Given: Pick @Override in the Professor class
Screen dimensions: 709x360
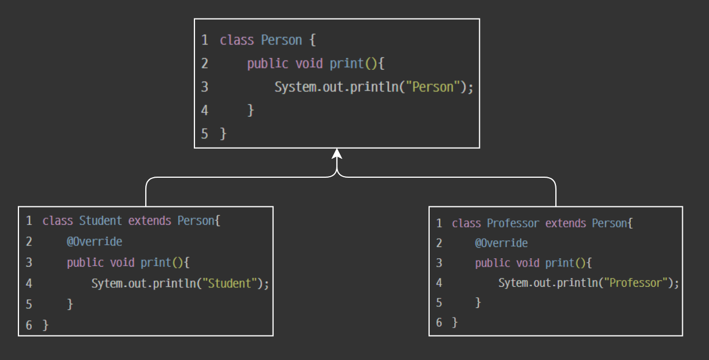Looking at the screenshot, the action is click(501, 243).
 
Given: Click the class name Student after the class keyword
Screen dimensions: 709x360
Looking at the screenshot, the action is click(101, 220).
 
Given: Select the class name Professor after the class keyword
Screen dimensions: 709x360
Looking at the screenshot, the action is click(513, 224).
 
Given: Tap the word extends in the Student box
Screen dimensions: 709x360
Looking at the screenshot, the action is click(150, 220).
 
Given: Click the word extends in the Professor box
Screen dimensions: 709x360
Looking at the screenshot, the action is click(565, 224).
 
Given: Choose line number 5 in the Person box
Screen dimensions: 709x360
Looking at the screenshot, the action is click(205, 134).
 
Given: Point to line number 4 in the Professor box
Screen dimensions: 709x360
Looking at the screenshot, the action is click(439, 283).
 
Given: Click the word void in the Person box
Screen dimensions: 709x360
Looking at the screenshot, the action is click(308, 64).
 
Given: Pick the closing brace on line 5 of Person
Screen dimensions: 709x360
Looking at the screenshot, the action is click(223, 134).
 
